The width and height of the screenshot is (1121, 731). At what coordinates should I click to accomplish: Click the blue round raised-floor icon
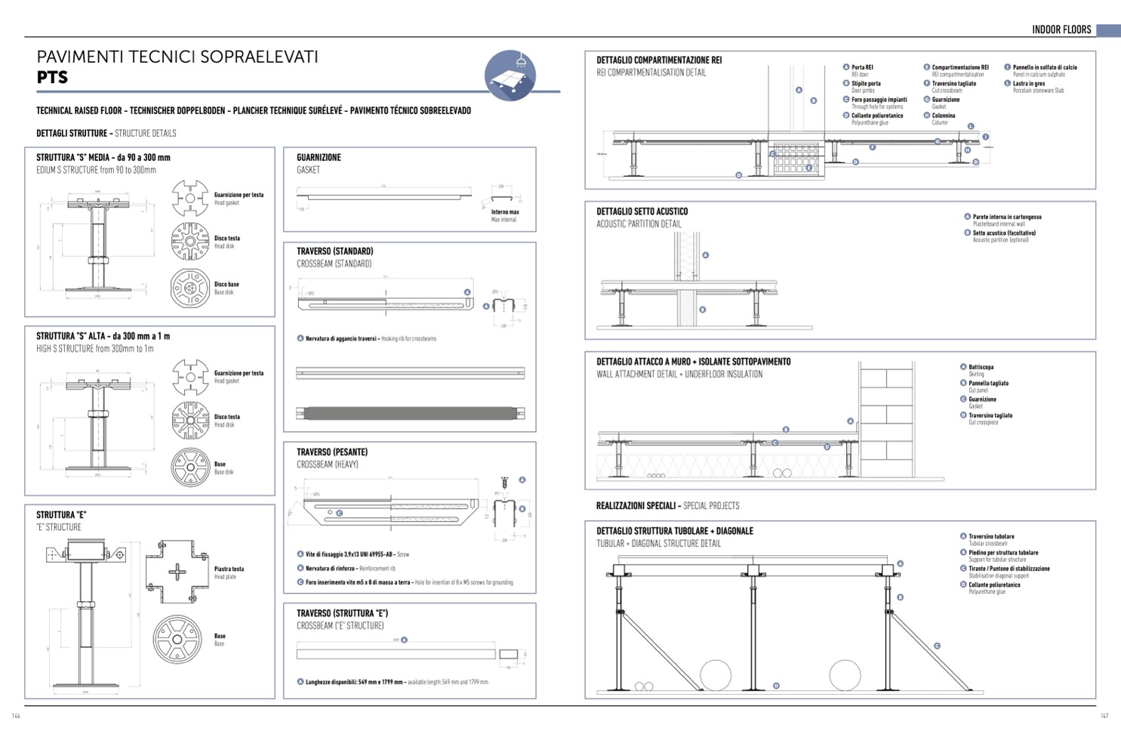pos(510,76)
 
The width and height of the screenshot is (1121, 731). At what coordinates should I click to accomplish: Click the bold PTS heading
pos(52,77)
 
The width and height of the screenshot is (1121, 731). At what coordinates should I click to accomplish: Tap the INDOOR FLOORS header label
pos(1061,29)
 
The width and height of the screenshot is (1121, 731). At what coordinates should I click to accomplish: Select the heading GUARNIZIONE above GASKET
pos(319,157)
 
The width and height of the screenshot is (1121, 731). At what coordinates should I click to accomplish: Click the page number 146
pos(16,716)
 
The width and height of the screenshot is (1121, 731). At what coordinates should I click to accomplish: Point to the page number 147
pos(1104,716)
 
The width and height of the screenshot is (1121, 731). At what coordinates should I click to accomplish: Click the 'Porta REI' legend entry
pos(862,67)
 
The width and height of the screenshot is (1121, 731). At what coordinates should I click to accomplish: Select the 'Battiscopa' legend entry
pos(981,367)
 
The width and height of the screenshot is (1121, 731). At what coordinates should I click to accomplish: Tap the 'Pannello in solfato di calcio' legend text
pos(1045,67)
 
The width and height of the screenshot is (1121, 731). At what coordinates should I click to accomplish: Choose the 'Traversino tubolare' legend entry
pos(991,536)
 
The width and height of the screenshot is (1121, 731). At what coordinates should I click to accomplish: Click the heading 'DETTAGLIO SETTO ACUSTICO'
pos(642,211)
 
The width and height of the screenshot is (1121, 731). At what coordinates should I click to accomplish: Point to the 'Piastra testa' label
pos(229,569)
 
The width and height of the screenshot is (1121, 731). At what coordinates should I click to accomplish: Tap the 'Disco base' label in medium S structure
pos(226,285)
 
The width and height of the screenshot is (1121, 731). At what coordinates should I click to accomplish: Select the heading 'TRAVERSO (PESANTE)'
pos(332,452)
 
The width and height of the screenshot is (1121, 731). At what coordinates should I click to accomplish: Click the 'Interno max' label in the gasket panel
pos(505,212)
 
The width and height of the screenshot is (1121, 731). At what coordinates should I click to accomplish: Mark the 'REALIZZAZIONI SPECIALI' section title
pos(636,505)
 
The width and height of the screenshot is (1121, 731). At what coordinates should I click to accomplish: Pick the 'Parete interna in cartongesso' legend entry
pos(1006,217)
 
